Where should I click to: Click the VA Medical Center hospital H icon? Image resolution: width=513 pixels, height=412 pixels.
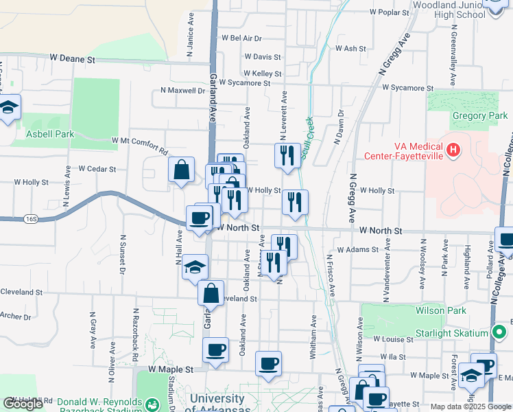pos(452,149)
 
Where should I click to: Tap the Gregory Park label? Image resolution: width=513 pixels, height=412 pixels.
pos(479,115)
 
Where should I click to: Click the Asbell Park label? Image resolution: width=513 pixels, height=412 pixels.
pos(49,135)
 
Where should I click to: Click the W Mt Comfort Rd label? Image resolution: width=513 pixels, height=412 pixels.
pos(139,144)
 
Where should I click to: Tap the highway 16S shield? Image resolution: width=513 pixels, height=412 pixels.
pos(29,218)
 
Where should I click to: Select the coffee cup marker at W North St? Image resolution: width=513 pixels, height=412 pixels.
pos(200,218)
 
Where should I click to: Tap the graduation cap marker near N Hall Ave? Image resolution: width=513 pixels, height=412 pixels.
pos(195,266)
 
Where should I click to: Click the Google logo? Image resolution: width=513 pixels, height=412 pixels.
pos(23,404)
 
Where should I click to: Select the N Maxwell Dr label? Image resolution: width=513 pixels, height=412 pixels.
pos(182,90)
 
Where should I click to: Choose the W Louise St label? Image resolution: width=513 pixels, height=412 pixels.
pos(394,339)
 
